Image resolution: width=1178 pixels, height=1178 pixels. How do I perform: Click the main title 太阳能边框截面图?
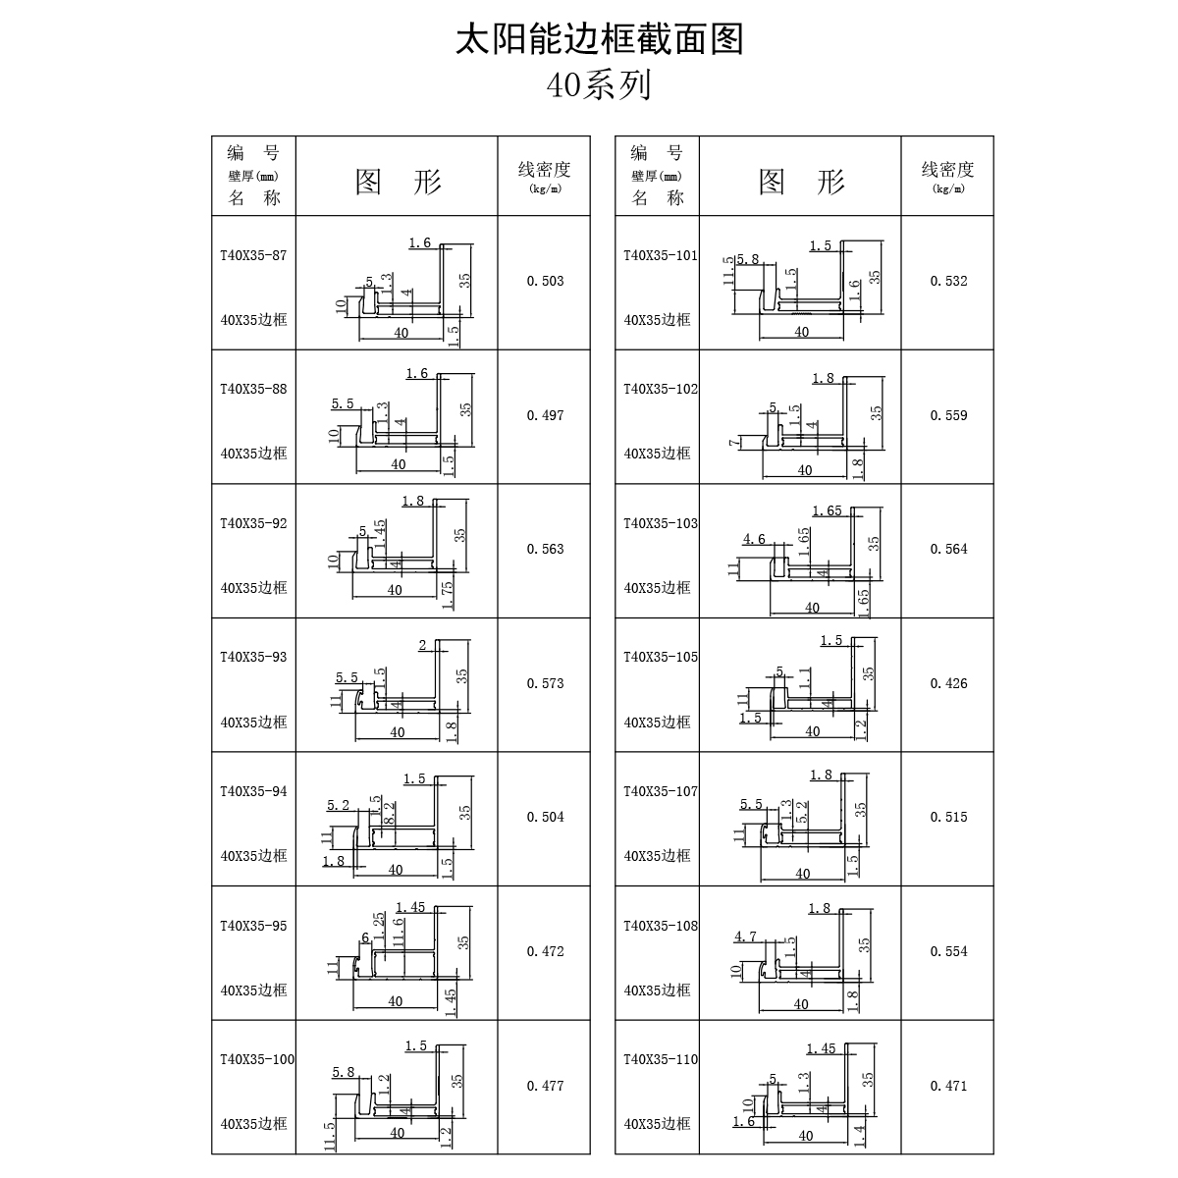(599, 40)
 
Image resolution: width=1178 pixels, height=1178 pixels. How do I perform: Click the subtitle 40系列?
(599, 85)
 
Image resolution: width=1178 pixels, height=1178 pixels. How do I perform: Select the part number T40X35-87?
(253, 255)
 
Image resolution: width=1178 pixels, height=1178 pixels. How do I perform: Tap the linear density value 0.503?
(545, 281)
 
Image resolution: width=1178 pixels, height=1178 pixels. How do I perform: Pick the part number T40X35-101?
(661, 255)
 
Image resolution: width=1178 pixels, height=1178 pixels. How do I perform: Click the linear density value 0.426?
(948, 683)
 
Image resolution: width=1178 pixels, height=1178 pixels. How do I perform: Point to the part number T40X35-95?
(253, 926)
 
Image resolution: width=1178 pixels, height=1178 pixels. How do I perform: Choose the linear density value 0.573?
(545, 683)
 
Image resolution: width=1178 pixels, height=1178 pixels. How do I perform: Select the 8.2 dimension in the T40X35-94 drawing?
(390, 813)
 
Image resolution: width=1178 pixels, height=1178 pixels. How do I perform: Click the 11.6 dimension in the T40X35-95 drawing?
(399, 933)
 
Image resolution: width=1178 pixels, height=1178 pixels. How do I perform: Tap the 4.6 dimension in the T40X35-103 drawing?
(754, 539)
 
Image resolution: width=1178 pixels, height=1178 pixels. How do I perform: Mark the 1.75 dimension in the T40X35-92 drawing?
(448, 596)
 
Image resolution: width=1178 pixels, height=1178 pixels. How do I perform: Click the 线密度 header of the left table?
(544, 169)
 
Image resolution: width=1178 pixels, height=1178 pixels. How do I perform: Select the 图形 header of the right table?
(801, 182)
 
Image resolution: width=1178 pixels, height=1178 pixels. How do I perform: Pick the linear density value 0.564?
(948, 549)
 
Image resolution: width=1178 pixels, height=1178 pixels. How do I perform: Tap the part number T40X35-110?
(661, 1059)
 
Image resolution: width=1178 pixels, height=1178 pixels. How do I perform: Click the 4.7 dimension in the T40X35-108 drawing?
(745, 937)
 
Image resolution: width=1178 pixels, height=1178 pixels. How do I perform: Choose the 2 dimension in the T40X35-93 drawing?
(422, 645)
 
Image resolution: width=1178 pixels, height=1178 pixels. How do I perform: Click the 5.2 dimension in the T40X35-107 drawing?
(802, 813)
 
